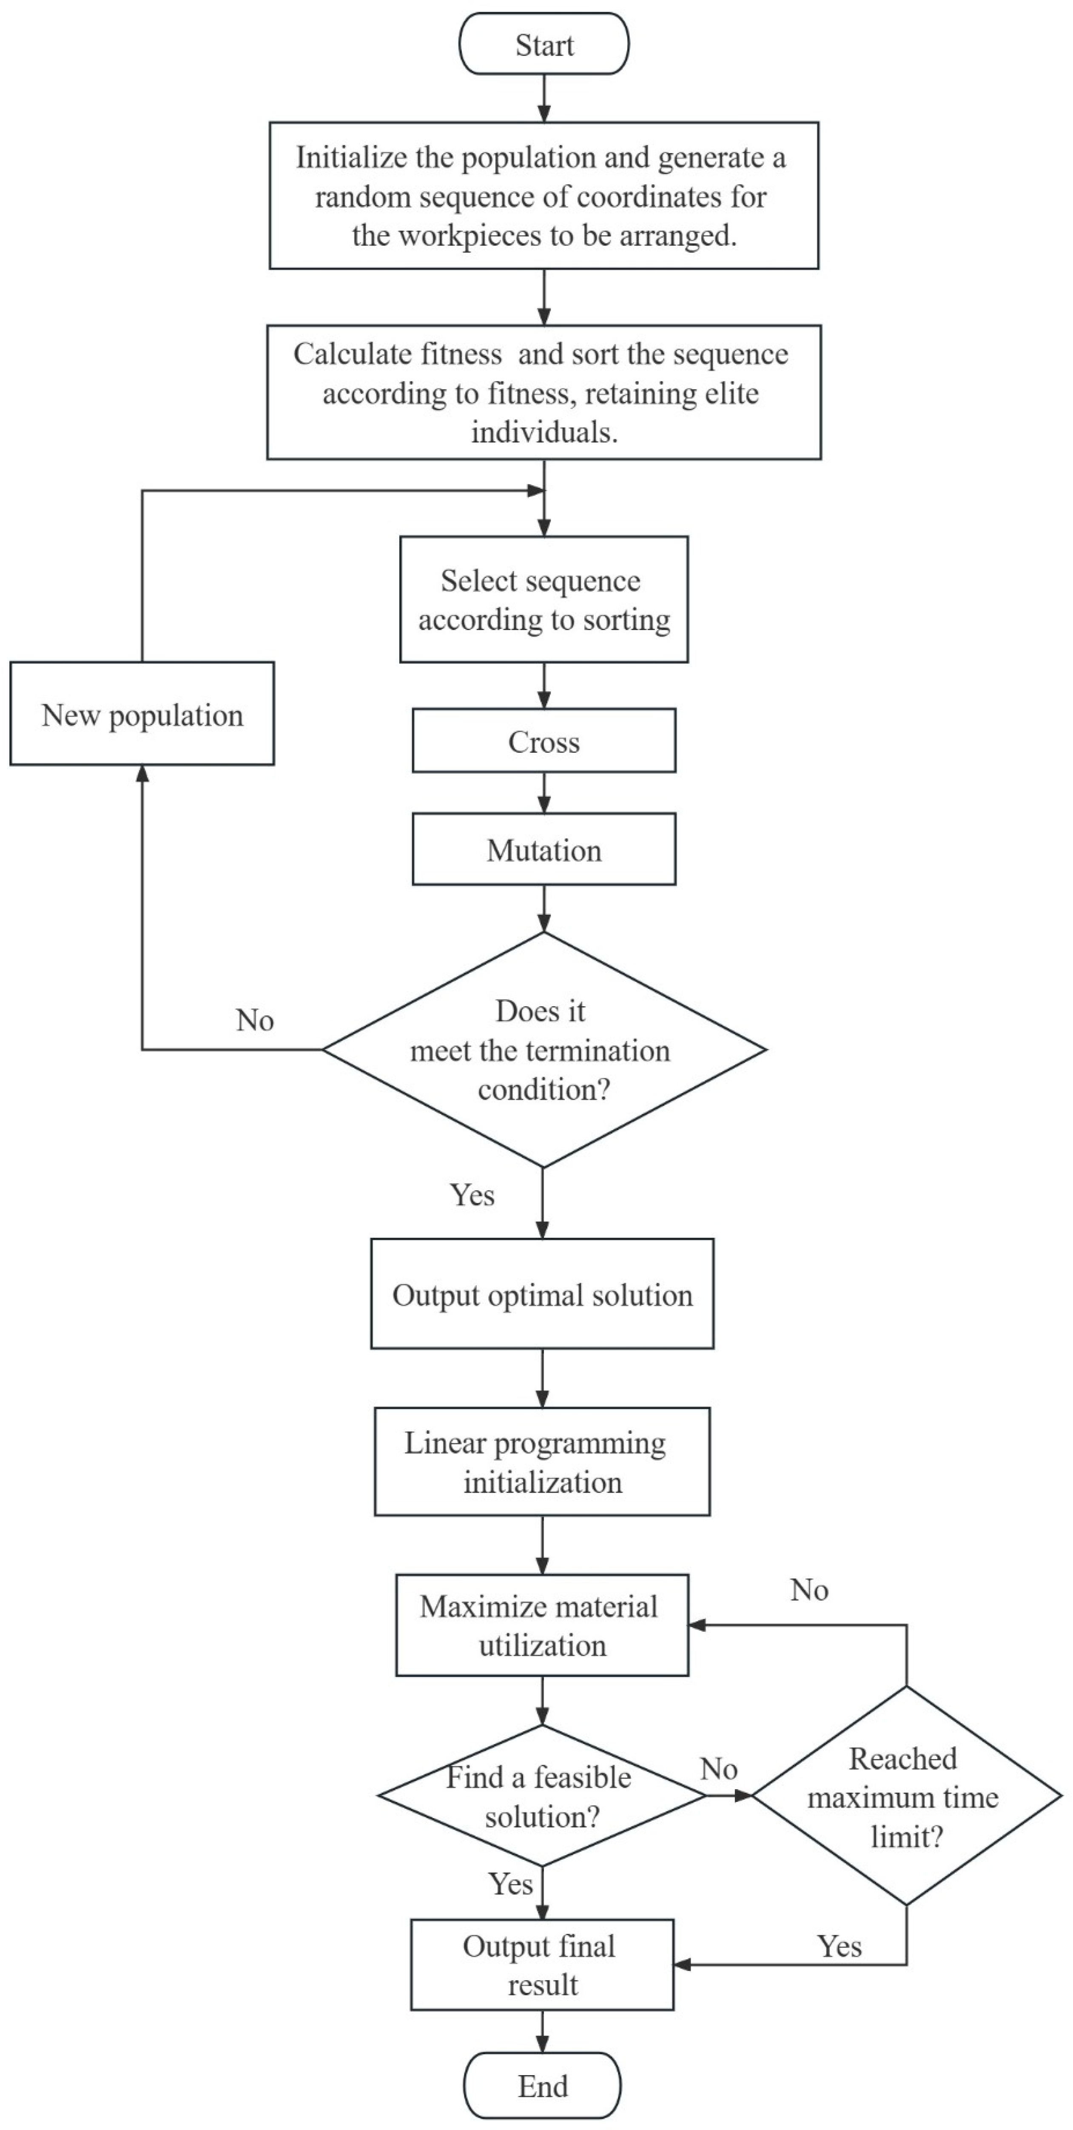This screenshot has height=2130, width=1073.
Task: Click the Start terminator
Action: tap(544, 45)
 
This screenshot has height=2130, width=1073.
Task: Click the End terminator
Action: tap(542, 2085)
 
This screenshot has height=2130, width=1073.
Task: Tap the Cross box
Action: tap(544, 742)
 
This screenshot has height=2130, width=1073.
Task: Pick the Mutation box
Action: tap(544, 850)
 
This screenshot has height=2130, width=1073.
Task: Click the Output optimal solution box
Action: tap(542, 1295)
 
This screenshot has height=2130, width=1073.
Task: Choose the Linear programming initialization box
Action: tap(542, 1462)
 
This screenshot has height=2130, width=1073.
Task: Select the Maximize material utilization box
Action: tap(542, 1626)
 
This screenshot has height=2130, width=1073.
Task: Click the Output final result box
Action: tap(542, 1964)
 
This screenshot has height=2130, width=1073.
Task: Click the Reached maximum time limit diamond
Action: tap(906, 1796)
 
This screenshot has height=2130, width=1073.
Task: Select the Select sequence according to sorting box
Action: tap(544, 600)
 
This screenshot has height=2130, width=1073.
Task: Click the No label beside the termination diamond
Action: tap(255, 1020)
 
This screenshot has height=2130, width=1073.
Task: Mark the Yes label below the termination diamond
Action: tap(472, 1196)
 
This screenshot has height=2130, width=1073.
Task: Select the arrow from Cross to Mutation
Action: tap(544, 793)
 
